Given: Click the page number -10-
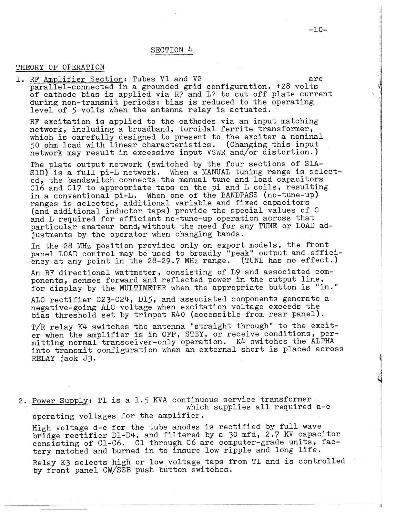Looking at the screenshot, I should click(318, 30).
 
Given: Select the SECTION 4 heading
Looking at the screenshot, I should click(172, 50).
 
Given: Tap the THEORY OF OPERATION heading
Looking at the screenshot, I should click(60, 67).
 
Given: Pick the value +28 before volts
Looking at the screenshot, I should click(283, 87).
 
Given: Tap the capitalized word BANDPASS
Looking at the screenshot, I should click(239, 195).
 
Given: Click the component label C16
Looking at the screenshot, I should click(37, 188).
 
